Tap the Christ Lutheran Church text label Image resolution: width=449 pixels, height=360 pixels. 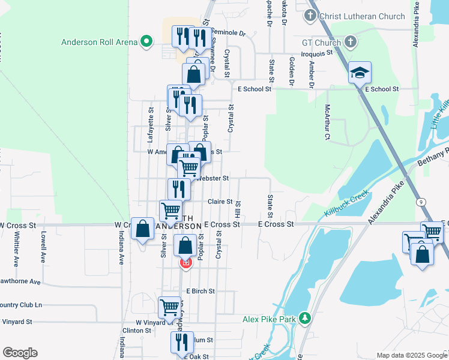pyautogui.click(x=362, y=16)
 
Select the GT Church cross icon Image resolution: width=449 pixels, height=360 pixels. pyautogui.click(x=352, y=42)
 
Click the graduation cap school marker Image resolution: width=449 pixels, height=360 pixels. pyautogui.click(x=360, y=73)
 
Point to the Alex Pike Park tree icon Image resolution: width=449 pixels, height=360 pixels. pyautogui.click(x=305, y=317)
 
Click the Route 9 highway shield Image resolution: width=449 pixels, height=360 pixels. pyautogui.click(x=423, y=202)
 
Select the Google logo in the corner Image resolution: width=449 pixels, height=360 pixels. pyautogui.click(x=20, y=352)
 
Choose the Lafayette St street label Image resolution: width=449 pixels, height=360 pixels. pyautogui.click(x=151, y=124)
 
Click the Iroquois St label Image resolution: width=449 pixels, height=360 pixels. pyautogui.click(x=316, y=53)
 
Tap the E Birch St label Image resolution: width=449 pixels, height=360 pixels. pyautogui.click(x=200, y=291)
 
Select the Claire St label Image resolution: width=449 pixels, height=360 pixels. pyautogui.click(x=220, y=202)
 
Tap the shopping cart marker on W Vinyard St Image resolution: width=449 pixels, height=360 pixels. pyautogui.click(x=169, y=308)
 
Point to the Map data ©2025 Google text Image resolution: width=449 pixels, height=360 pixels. pyautogui.click(x=411, y=355)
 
